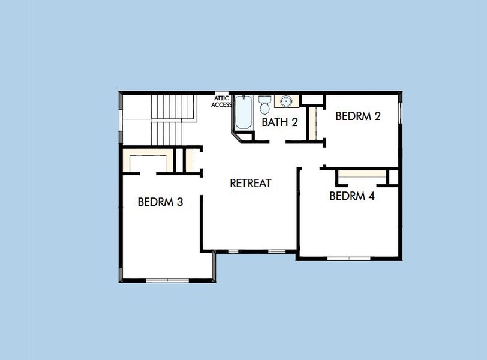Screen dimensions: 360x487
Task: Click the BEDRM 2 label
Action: pyautogui.click(x=358, y=116)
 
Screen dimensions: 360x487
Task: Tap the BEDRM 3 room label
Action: pyautogui.click(x=160, y=202)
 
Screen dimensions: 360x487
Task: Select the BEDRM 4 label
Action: pyautogui.click(x=352, y=196)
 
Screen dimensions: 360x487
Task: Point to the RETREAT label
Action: pyautogui.click(x=251, y=183)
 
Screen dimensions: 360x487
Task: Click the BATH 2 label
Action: pyautogui.click(x=279, y=122)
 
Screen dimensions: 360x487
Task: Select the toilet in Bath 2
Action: pyautogui.click(x=264, y=106)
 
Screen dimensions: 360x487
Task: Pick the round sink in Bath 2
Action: pyautogui.click(x=287, y=101)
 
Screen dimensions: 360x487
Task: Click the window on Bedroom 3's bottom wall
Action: pyautogui.click(x=167, y=280)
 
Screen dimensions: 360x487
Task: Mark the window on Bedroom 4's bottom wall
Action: pyautogui.click(x=348, y=259)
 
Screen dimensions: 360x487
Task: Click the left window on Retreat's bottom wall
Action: pyautogui.click(x=233, y=251)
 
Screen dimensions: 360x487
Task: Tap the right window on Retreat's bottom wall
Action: pyautogui.click(x=276, y=251)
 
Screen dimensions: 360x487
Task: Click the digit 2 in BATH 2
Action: pyautogui.click(x=294, y=122)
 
